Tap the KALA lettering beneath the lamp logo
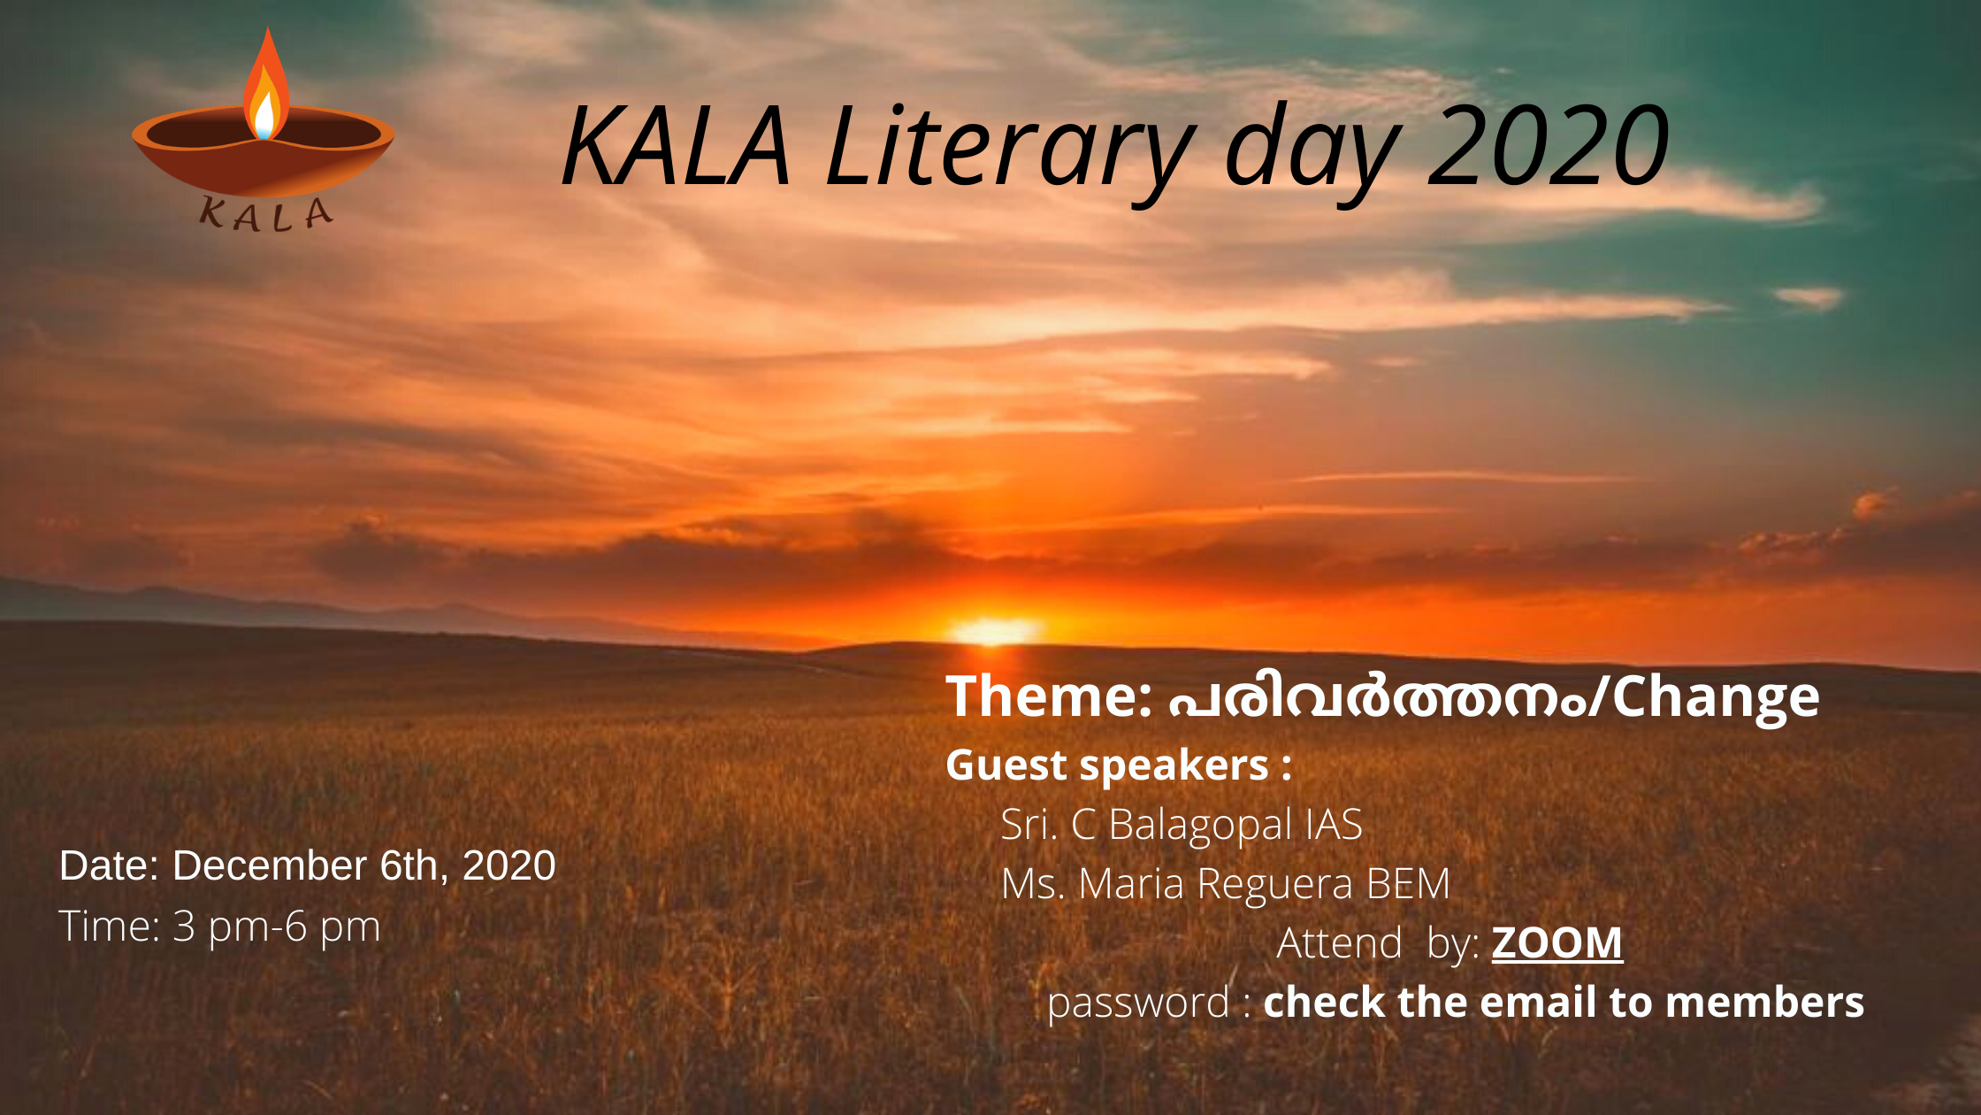pos(266,214)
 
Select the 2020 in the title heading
pos(1548,146)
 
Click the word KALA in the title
pos(677,146)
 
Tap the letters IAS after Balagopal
pos(1334,824)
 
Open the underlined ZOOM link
pos(1557,942)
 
